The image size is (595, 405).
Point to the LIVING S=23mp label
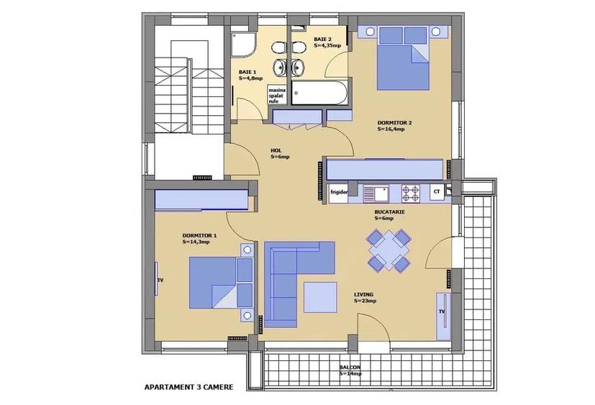pos(365,298)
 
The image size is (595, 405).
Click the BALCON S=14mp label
pos(350,370)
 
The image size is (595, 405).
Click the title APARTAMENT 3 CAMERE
pos(189,386)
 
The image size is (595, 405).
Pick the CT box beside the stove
pos(436,193)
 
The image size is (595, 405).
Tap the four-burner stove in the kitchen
pos(410,193)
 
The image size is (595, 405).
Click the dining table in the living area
pos(389,250)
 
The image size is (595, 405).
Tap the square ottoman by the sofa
pos(320,297)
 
